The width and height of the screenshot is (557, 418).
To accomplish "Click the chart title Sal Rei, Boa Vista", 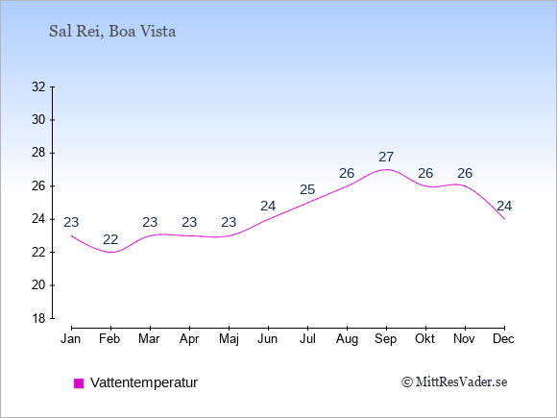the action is point(112,32).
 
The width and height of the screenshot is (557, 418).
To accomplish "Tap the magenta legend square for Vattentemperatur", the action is point(79,383).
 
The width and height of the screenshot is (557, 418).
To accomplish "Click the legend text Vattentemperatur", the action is point(144,382).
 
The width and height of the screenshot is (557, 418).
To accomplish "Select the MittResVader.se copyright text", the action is point(454,382).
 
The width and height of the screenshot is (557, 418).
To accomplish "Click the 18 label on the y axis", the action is point(38,318).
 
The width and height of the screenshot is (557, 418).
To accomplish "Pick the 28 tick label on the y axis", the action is point(38,153).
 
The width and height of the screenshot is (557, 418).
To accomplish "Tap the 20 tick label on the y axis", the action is point(38,285).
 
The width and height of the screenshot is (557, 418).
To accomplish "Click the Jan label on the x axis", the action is point(71,339).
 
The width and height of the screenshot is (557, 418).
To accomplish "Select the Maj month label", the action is point(229,339).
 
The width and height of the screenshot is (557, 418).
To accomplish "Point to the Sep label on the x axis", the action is point(386,339).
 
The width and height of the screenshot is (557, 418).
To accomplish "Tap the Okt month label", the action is point(424,339).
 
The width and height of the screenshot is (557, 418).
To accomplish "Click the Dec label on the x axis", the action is point(504,339).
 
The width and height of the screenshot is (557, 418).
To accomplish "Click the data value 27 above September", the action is point(386,157).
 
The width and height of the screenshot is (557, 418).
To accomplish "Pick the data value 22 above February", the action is point(110,239).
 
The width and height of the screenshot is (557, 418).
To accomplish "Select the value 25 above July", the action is point(307,190).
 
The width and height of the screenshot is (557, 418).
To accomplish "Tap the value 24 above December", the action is point(504,207).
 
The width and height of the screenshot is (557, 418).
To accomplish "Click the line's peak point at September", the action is point(386,169).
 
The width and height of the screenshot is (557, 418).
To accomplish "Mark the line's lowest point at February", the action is point(110,253).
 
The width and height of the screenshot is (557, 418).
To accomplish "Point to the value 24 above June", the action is point(268,207).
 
